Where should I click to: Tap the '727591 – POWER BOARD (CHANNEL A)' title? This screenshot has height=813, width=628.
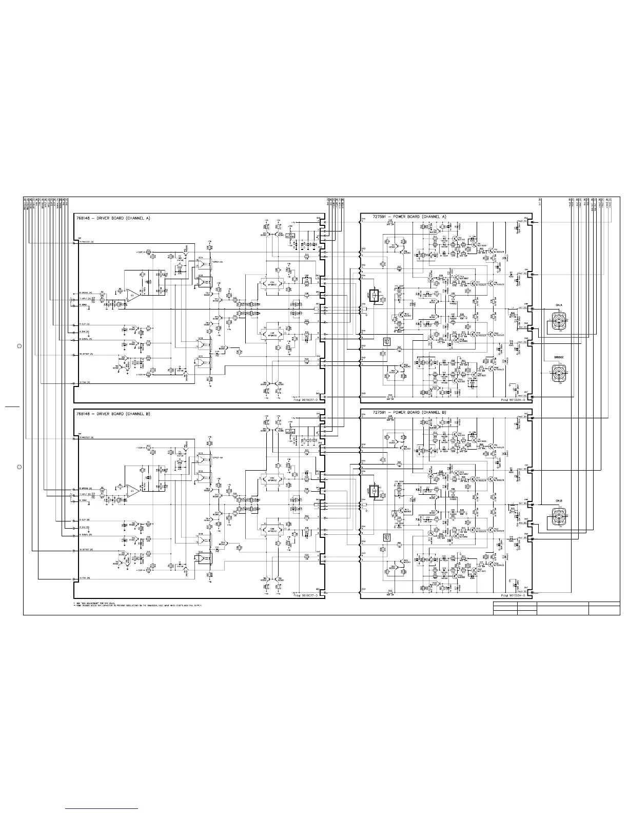403,217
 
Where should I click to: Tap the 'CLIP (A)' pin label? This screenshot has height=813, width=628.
85,324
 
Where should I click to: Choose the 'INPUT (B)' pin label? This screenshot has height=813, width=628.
86,494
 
